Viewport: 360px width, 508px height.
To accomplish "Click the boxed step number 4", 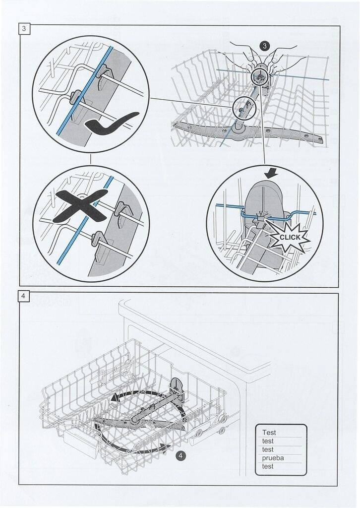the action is (x=23, y=296).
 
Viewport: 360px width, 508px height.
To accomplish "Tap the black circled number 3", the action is (x=265, y=46).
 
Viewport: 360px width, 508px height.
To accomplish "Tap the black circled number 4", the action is (x=180, y=455).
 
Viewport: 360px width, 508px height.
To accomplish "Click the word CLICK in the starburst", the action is (x=290, y=237).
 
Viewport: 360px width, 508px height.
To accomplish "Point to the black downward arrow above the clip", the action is (x=271, y=174).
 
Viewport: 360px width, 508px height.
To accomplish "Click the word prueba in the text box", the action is (x=273, y=458).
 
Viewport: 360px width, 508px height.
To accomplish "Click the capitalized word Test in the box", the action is (x=269, y=432).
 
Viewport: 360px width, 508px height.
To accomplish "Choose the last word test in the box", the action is (x=268, y=466).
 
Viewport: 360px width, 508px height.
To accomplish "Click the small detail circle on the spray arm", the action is (x=244, y=108).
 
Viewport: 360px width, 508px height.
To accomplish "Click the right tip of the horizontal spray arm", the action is (x=322, y=140).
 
